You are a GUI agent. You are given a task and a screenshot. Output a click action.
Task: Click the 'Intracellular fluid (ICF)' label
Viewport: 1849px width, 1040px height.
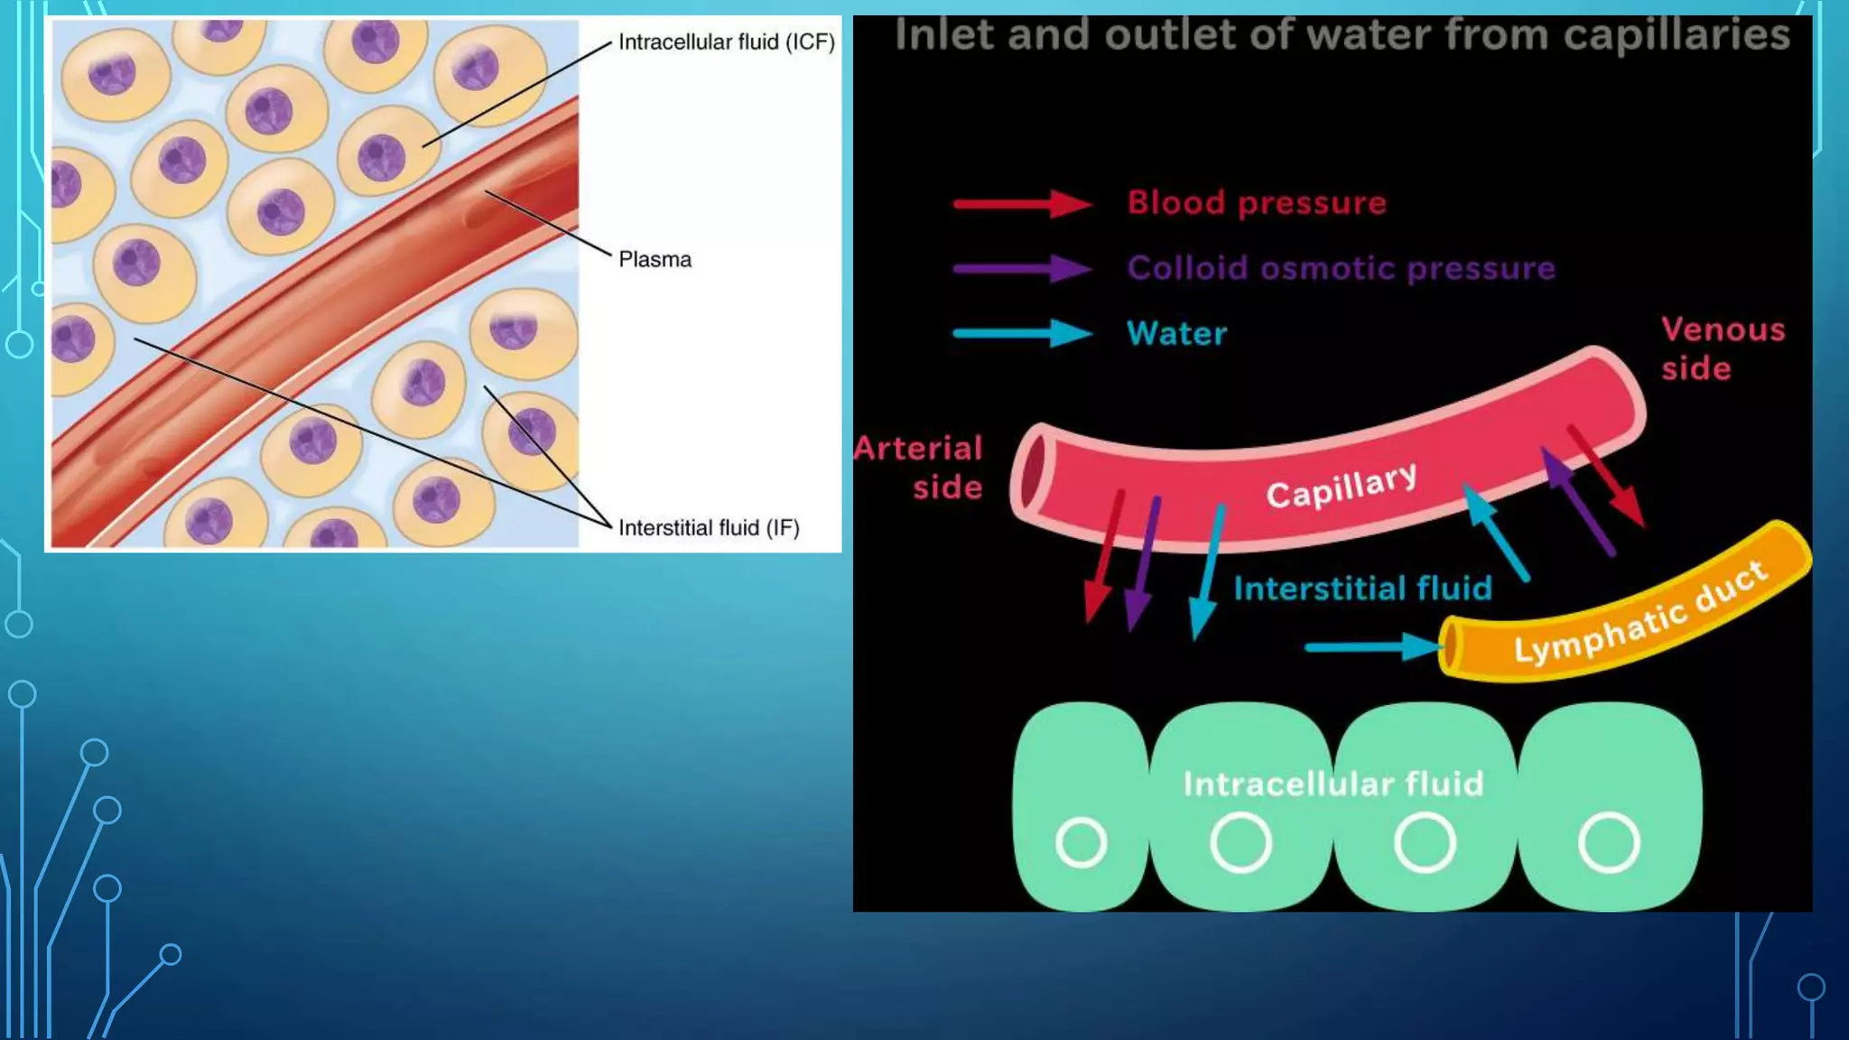click(726, 42)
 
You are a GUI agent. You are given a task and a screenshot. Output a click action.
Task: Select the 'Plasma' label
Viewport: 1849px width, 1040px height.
click(655, 260)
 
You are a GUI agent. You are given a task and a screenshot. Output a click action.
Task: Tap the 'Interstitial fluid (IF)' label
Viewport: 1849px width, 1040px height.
click(709, 528)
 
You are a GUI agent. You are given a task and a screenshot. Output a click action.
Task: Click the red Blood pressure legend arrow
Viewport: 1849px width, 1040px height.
click(1022, 204)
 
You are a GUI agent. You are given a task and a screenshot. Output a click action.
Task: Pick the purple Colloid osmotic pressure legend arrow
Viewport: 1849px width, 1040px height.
click(1022, 269)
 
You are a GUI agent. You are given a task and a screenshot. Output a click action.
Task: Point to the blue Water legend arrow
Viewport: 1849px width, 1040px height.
click(1022, 334)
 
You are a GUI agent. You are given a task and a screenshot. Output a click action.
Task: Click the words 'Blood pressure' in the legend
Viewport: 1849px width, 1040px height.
click(1256, 203)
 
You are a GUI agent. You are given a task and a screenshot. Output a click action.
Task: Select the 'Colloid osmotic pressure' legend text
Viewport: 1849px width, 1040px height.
click(1341, 268)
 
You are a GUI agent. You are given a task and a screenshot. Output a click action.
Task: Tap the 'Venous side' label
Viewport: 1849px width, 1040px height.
click(1722, 348)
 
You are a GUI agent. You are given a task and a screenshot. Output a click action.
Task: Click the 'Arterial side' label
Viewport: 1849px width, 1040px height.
click(919, 468)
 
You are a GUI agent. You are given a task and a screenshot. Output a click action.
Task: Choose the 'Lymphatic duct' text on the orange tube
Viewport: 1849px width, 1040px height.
click(1640, 611)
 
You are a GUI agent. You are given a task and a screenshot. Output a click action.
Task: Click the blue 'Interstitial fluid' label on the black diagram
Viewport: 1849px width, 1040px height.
click(1362, 589)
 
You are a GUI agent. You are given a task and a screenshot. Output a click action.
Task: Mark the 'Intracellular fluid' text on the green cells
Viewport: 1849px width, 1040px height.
click(1333, 784)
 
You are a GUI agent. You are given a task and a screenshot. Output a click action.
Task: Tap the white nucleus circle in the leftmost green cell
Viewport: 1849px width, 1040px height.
click(1081, 843)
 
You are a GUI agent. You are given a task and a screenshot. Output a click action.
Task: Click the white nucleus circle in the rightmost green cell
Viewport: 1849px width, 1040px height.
click(1608, 843)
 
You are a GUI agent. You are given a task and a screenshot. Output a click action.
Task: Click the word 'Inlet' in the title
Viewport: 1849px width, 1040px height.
click(943, 36)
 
